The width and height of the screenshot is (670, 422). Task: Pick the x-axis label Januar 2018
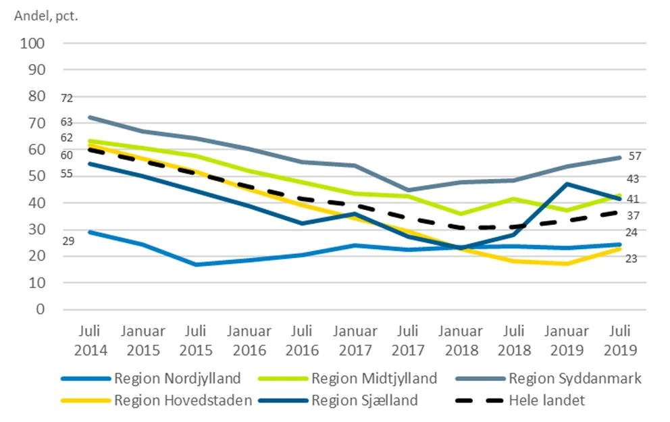tap(461, 341)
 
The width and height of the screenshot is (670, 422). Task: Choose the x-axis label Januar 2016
tap(249, 341)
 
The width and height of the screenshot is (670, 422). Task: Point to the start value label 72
tap(66, 99)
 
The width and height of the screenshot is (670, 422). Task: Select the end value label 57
tap(634, 156)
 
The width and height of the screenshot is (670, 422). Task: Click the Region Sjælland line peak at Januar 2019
tap(567, 184)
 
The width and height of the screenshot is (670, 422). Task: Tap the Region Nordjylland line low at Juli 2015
tap(196, 264)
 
